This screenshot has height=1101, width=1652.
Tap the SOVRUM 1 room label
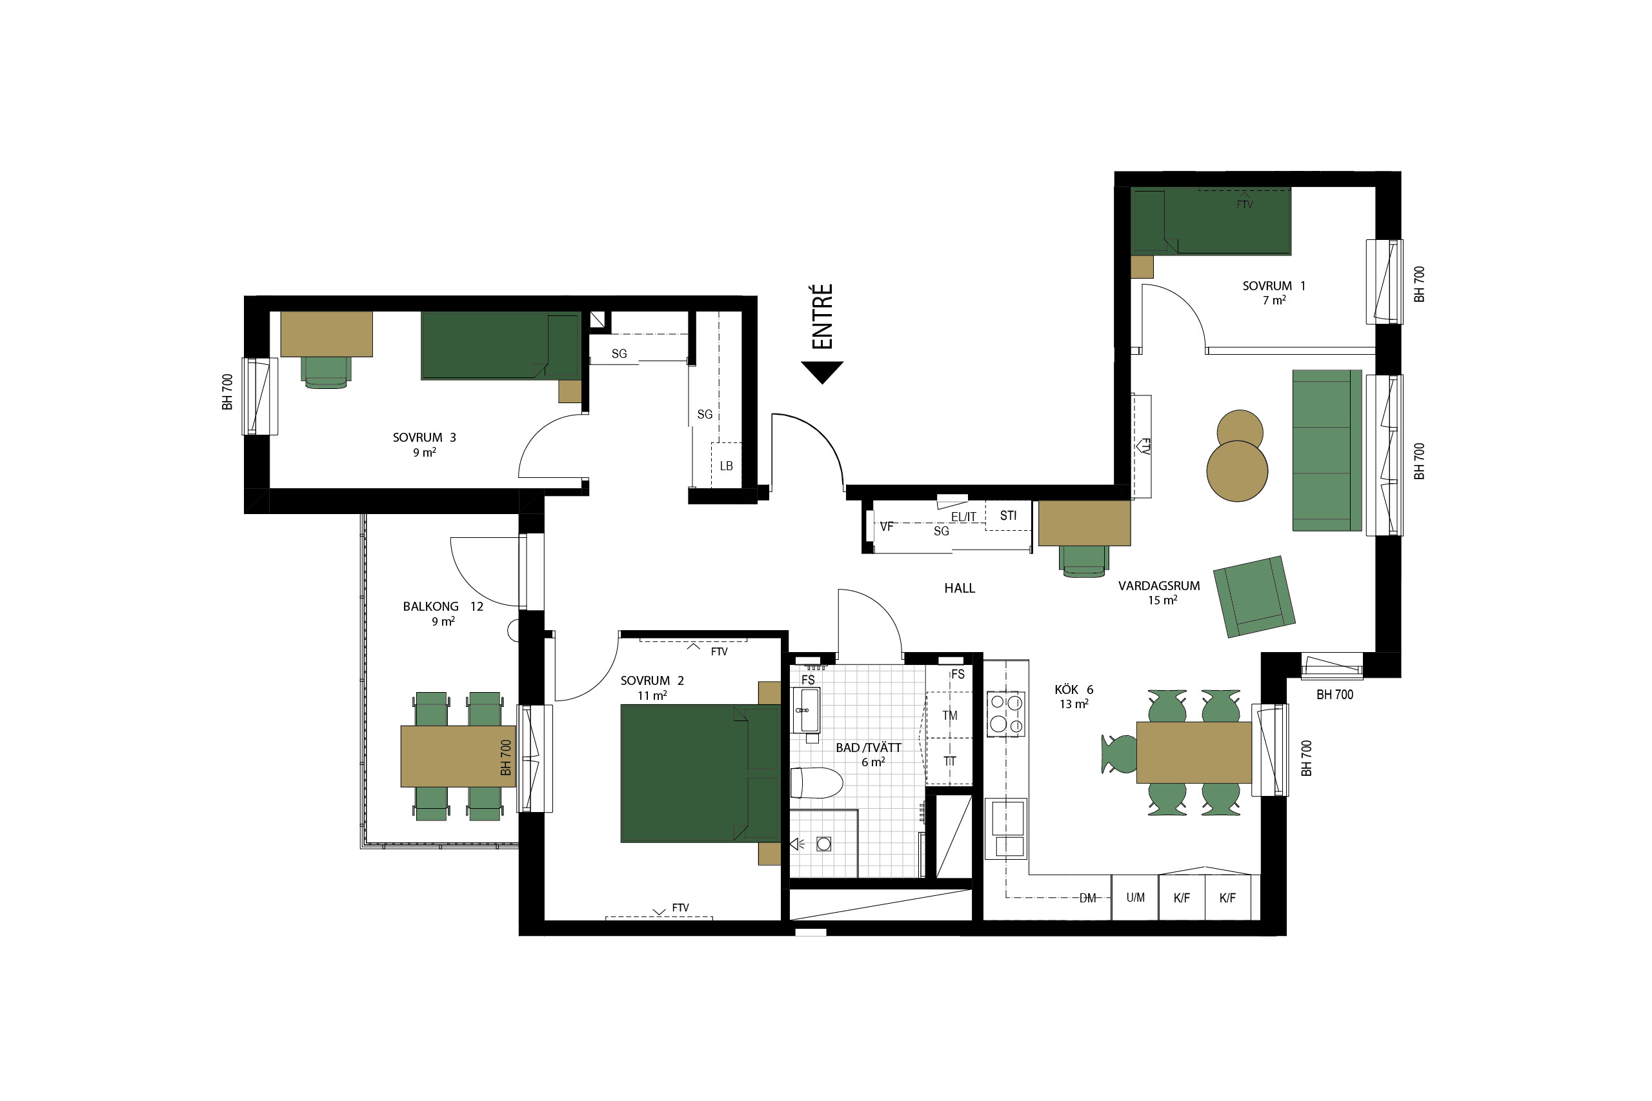point(1273,286)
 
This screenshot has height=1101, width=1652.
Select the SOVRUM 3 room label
point(424,437)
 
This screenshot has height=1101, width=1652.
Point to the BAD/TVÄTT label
point(868,748)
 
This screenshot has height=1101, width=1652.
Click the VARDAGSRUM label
point(1159,586)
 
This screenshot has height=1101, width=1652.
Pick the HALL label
point(960,588)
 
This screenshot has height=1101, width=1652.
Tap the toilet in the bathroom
point(816,782)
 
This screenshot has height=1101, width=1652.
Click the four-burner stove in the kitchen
point(1006,714)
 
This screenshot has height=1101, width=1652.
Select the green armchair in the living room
point(1254,596)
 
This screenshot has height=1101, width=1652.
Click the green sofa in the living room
point(1327,450)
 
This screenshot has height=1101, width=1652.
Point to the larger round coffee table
point(1237,471)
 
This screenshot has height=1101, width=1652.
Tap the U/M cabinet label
point(1135,897)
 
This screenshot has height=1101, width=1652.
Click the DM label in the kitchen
point(1087,898)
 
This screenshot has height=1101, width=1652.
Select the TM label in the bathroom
point(950,715)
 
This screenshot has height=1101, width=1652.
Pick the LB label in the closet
point(726,466)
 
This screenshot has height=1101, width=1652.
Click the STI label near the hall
point(1008,515)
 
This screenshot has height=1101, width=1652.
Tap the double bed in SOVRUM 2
point(700,773)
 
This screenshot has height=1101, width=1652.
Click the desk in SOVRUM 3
point(327,334)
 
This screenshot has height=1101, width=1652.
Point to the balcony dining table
point(458,756)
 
